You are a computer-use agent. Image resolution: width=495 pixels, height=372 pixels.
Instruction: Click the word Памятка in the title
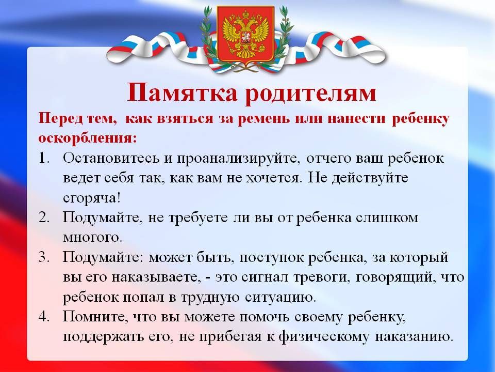[x=182, y=92]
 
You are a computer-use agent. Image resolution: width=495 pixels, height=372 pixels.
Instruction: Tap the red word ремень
[x=263, y=119]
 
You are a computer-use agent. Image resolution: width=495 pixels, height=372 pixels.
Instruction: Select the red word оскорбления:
[x=88, y=138]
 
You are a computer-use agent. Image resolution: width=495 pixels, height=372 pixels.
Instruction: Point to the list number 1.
[x=44, y=158]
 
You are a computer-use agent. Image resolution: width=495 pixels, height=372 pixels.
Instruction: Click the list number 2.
[x=44, y=218]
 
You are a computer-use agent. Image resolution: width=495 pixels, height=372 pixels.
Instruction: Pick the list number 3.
[x=44, y=257]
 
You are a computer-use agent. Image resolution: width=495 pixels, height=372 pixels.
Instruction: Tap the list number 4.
[x=44, y=316]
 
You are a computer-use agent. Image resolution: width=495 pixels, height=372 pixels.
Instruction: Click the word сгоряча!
[x=92, y=198]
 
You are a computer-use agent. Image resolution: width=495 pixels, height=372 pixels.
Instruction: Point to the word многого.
[x=92, y=238]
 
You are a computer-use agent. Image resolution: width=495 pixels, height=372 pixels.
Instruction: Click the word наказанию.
[x=414, y=336]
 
